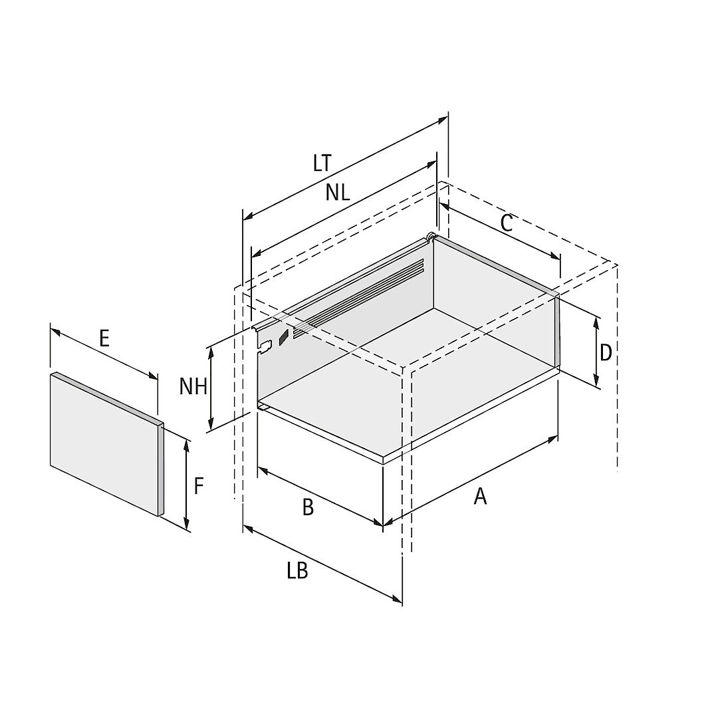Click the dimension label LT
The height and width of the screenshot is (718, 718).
[322, 163]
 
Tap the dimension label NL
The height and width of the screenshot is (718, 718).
[338, 192]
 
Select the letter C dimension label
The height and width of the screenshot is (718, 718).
[506, 223]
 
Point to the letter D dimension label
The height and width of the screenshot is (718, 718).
[606, 353]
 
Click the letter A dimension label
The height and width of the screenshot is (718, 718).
[480, 496]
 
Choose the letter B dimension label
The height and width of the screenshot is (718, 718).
[308, 507]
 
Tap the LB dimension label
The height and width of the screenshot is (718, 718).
[298, 571]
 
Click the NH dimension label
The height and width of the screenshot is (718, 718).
[193, 386]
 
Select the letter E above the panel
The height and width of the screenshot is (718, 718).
[104, 339]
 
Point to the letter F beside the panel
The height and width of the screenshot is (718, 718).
[198, 486]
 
